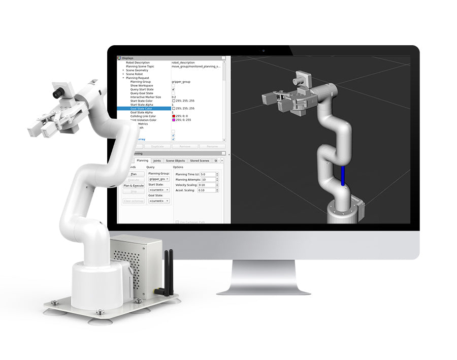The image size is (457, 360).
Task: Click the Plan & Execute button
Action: click(x=134, y=186)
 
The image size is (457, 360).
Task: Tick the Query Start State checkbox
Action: click(x=173, y=89)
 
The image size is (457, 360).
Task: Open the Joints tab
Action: click(x=157, y=160)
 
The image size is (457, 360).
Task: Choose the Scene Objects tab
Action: click(x=175, y=160)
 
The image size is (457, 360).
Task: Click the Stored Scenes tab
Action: click(x=199, y=160)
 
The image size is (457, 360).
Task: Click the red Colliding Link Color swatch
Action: click(x=174, y=116)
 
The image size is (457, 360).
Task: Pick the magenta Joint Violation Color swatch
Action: click(x=174, y=120)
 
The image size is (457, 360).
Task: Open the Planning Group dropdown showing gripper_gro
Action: click(x=159, y=179)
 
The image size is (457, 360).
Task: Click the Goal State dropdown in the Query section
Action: click(x=159, y=201)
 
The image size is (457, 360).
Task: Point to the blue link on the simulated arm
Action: click(x=343, y=176)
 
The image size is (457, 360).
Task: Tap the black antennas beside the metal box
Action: click(x=166, y=272)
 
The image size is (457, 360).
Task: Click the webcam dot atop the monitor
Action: click(x=263, y=51)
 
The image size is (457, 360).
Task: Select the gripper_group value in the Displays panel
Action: click(x=181, y=82)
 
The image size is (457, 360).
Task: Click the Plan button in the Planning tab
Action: click(x=134, y=174)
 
